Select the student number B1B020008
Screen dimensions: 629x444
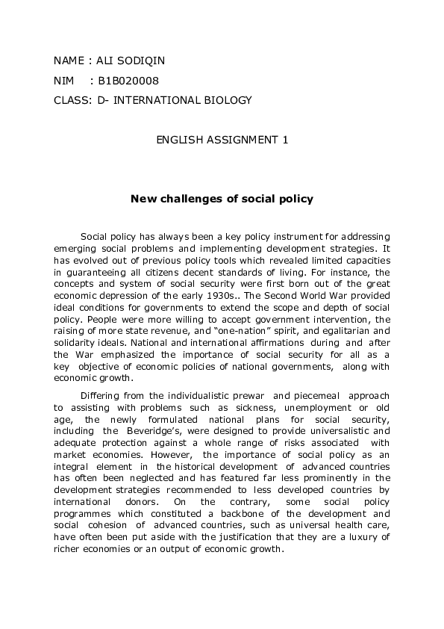pos(128,80)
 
